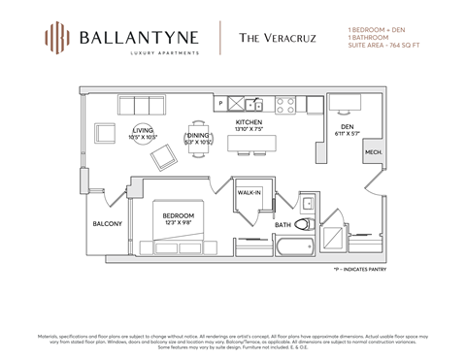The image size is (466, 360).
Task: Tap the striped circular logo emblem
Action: click(58, 40)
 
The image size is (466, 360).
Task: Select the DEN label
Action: click(346, 126)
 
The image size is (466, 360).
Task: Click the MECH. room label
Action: click(373, 153)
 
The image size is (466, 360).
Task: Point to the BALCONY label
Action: click(107, 224)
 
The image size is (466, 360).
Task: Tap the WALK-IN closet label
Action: click(250, 193)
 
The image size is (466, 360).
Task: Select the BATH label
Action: click(283, 225)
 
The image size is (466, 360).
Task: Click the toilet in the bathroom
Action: click(304, 223)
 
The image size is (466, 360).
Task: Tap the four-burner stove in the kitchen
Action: click(285, 103)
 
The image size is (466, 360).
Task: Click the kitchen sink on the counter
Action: click(251, 103)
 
